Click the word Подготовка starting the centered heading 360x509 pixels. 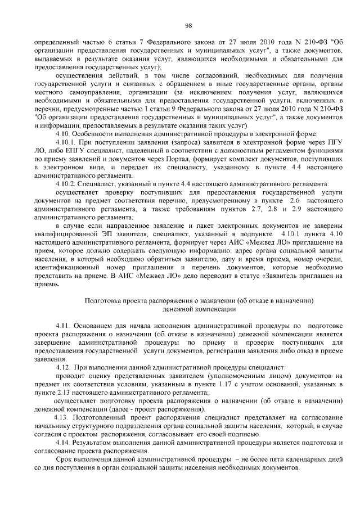pos(103,301)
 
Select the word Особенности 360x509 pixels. pos(95,134)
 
